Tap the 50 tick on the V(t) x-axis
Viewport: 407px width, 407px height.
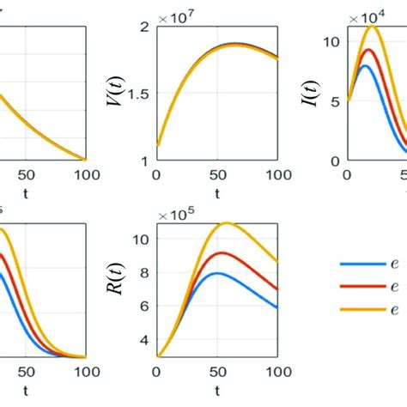(216, 174)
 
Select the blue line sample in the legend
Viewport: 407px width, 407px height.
(354, 264)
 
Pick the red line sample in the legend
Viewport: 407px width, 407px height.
(354, 287)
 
